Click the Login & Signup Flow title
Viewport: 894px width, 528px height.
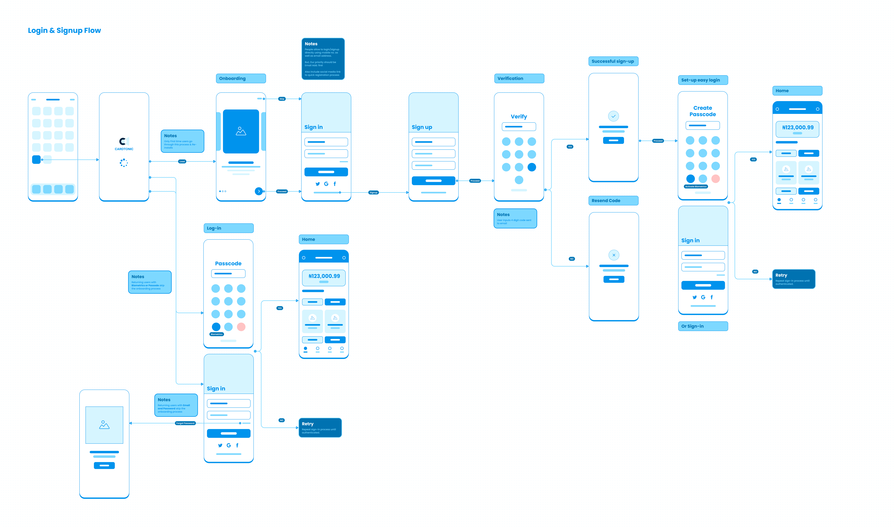[x=64, y=31]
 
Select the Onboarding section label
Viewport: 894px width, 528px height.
[x=232, y=78]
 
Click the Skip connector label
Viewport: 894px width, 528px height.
[x=282, y=99]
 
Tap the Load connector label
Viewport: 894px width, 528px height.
[x=182, y=162]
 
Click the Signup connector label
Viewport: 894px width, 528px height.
[x=373, y=192]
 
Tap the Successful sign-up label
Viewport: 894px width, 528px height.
[x=613, y=61]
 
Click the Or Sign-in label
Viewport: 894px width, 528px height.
[x=692, y=326]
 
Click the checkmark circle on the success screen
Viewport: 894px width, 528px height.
[x=613, y=116]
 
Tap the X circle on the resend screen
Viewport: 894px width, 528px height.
[x=614, y=255]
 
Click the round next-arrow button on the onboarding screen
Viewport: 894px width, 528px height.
[x=259, y=191]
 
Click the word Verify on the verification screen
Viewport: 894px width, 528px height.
[x=519, y=117]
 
